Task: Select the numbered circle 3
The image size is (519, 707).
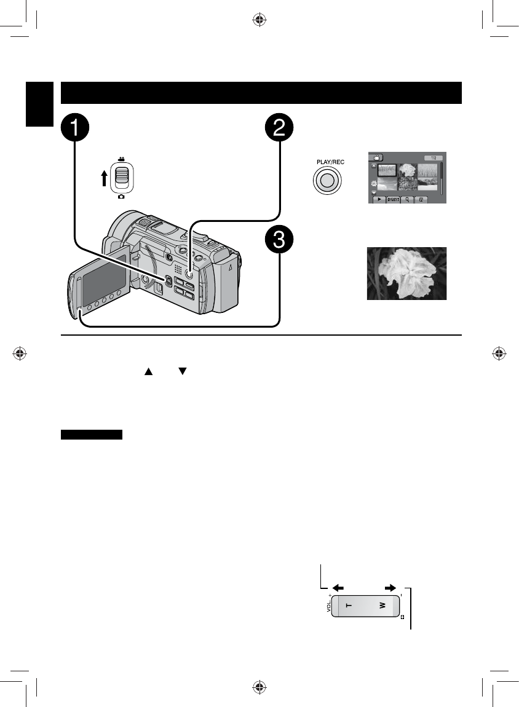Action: pos(279,241)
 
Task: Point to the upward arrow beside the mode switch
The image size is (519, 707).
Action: pos(105,178)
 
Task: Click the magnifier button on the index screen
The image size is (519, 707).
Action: pos(407,200)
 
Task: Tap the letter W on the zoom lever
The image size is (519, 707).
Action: pos(382,606)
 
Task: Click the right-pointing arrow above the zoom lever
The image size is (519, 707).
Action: pos(390,587)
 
